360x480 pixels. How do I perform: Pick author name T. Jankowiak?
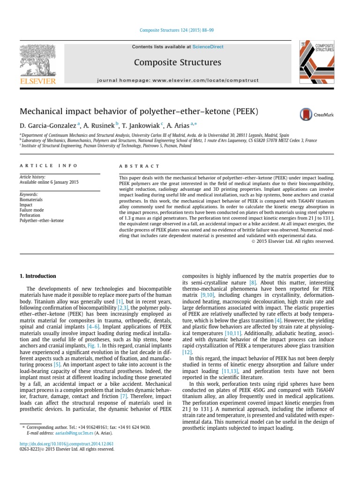[x=141, y=126]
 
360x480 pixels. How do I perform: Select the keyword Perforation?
[x=30, y=215]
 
